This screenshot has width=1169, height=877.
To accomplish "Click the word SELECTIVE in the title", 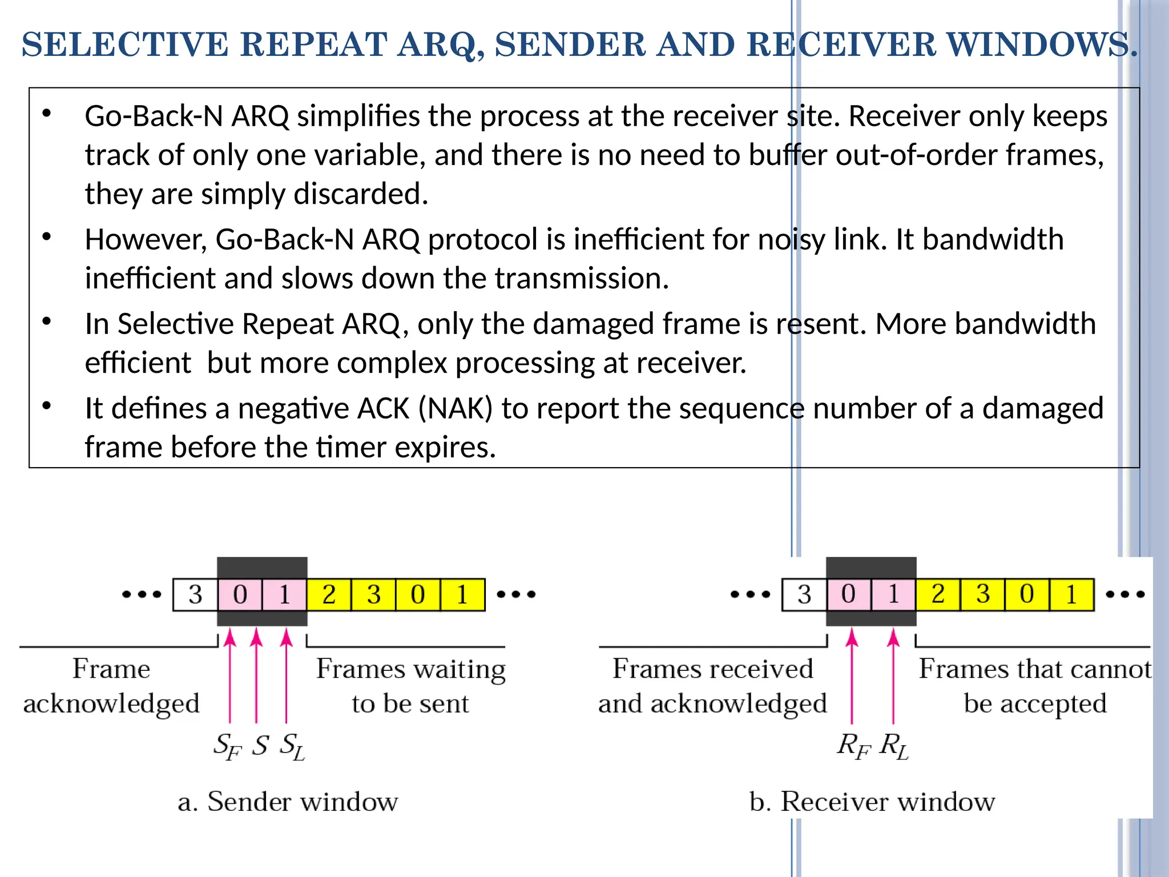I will pos(124,45).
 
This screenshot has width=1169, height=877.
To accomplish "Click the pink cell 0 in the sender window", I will pos(240,595).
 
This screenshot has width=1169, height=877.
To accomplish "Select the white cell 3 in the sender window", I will pos(195,595).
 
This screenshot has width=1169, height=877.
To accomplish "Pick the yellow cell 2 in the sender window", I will pos(329,595).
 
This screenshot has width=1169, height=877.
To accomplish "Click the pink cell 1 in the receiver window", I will pos(893,595).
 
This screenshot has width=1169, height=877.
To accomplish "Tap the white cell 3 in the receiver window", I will pos(804,595).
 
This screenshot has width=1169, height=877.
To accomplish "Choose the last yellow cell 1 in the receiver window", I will pos(1071,595).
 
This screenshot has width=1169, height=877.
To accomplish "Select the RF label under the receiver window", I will pos(854,746).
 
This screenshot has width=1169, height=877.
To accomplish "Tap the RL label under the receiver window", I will pos(894,746).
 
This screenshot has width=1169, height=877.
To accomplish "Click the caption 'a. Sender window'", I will pos(288,802).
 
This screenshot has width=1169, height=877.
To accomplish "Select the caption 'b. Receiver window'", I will pos(872,802).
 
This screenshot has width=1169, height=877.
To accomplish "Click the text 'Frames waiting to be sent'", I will pos(410,686).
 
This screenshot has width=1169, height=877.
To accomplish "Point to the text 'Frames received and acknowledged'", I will pos(712,686).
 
